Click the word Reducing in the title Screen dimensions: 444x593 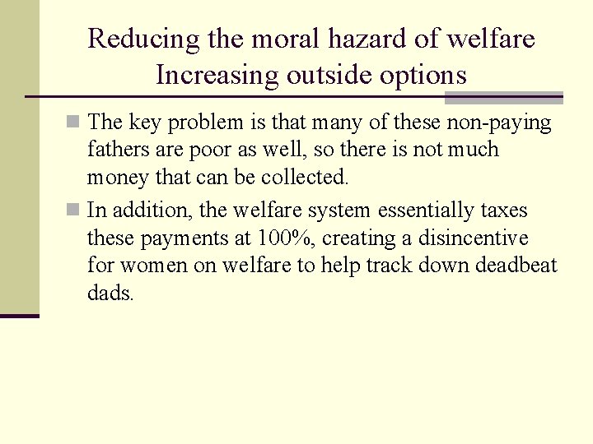(133, 39)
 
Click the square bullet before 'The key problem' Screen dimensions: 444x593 (73, 123)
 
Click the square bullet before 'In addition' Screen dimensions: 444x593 (73, 210)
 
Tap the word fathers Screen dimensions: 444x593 (117, 150)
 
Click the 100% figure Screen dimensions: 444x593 (284, 238)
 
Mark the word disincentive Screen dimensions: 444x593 (485, 238)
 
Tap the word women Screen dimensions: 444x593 (151, 266)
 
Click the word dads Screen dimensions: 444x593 (110, 294)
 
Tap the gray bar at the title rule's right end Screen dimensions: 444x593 (503, 98)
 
